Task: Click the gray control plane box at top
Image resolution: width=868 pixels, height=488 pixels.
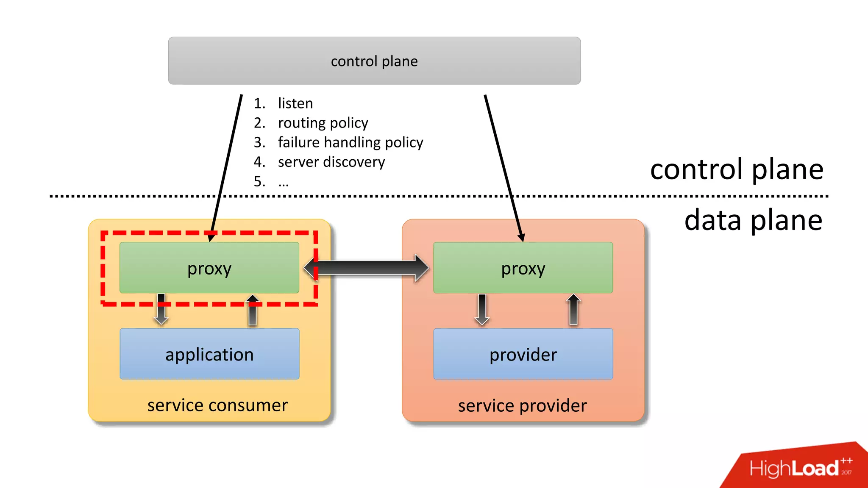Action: point(374,61)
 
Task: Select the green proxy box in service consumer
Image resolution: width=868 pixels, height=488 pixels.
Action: point(209,268)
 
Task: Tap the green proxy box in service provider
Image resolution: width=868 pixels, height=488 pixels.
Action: point(523,268)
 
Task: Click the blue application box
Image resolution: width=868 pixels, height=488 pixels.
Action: point(209,354)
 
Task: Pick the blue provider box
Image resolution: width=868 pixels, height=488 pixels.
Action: point(523,354)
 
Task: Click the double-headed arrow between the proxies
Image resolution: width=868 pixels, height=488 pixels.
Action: point(367,268)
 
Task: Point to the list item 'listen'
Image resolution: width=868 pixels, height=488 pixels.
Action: point(295,103)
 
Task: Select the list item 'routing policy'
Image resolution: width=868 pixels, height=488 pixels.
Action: point(323,123)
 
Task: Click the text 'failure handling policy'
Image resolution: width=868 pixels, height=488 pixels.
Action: point(351,142)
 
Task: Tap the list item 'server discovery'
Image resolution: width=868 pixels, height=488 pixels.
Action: point(331,162)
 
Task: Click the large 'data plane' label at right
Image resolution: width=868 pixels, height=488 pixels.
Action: point(753,220)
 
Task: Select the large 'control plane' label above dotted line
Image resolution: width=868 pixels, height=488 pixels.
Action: point(737,169)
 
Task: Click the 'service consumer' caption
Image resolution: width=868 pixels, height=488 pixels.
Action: point(217,405)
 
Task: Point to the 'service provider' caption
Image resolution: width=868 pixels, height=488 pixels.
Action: point(522,406)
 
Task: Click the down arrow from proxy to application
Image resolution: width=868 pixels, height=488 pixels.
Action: point(161,310)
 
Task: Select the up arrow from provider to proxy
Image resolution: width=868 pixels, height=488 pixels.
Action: point(573,310)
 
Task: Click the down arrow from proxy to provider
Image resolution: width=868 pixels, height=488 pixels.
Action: point(482,310)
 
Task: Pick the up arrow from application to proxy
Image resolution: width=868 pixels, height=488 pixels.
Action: point(253,310)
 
